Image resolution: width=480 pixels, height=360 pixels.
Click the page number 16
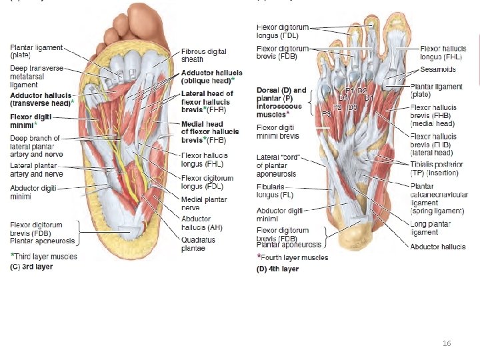(447, 342)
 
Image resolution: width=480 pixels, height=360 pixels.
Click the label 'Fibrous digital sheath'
(203, 55)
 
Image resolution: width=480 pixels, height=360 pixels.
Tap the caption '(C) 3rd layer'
(31, 267)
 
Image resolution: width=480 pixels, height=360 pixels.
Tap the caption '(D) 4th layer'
(278, 269)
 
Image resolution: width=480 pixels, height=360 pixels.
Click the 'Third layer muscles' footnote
(44, 256)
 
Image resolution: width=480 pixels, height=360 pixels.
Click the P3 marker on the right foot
(327, 114)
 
